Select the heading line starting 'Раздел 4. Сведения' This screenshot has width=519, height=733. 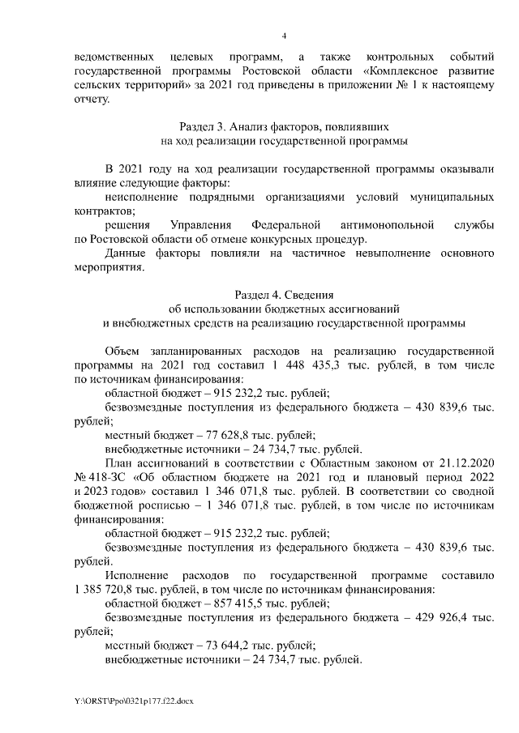coord(283,295)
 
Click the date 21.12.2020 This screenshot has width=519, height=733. coord(466,463)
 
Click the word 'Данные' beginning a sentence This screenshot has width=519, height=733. coord(127,253)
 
